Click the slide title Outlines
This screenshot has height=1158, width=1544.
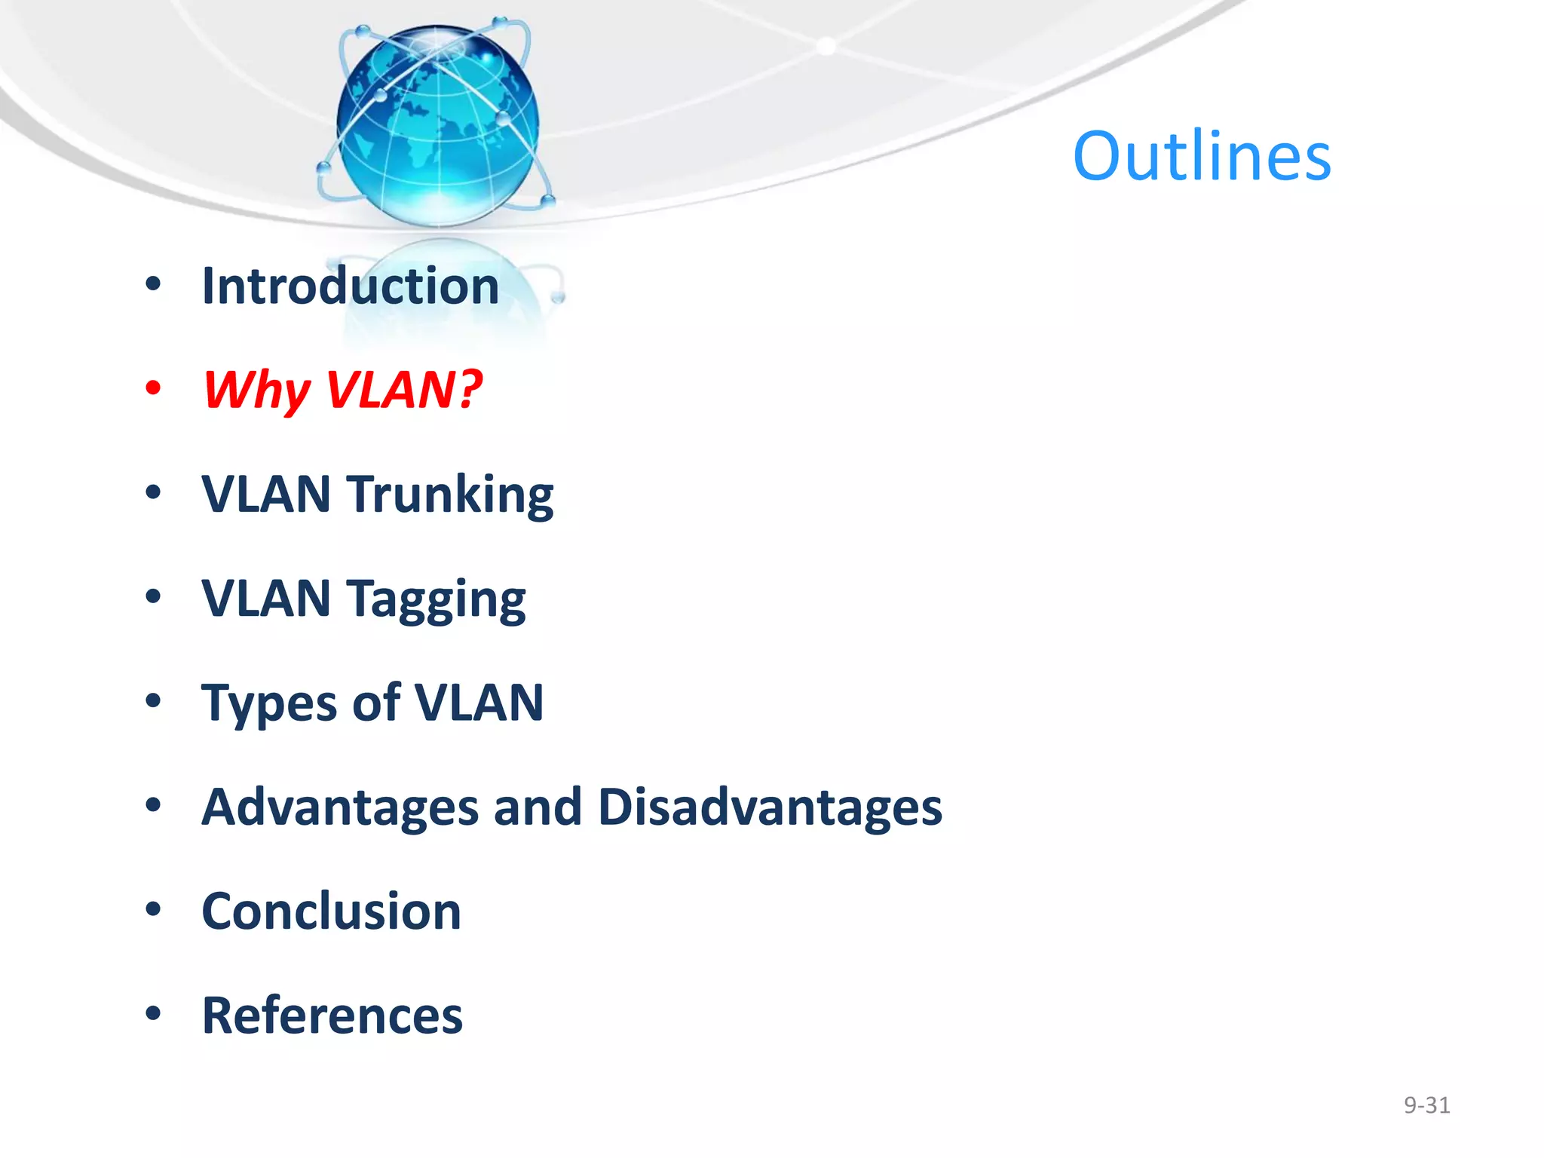(x=1202, y=157)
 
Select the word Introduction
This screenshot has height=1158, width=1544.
(x=351, y=286)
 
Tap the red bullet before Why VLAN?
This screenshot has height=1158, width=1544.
(x=154, y=388)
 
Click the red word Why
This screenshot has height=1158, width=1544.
(x=256, y=391)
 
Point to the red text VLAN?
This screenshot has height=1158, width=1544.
(x=404, y=390)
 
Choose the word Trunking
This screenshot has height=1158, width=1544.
(x=450, y=495)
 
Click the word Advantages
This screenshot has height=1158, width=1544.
(x=340, y=807)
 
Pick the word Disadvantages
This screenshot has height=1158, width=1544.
(x=770, y=807)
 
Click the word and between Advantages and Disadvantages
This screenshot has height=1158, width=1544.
(x=538, y=807)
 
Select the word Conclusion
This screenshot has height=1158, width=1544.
(x=332, y=911)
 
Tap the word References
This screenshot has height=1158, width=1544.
(x=332, y=1016)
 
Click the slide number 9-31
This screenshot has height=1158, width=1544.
(x=1426, y=1105)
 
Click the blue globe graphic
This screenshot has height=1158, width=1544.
(x=437, y=124)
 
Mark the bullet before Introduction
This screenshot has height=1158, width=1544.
(x=154, y=284)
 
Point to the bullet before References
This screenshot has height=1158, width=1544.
(x=154, y=1014)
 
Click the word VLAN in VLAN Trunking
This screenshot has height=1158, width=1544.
(x=266, y=495)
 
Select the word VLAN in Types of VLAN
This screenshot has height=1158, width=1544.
(x=479, y=703)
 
